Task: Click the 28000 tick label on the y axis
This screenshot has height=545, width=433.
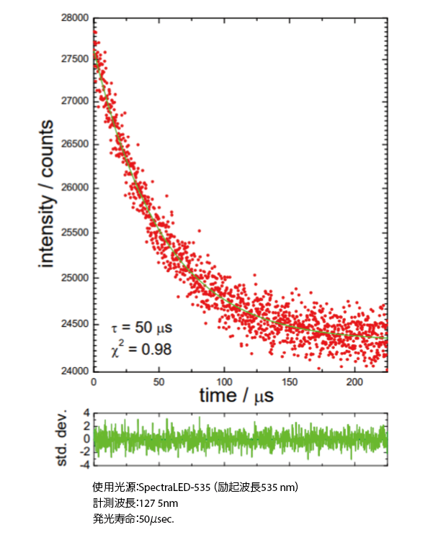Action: click(76, 17)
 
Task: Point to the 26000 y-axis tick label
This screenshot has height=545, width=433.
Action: click(76, 188)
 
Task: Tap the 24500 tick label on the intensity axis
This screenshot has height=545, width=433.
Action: click(76, 324)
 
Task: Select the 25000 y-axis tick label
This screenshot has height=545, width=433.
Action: click(76, 278)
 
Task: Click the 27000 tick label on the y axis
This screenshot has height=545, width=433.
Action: click(76, 102)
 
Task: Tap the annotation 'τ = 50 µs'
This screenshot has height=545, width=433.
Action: click(142, 329)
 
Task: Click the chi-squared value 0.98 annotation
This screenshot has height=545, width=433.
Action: click(157, 351)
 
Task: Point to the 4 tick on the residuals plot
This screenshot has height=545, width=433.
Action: click(85, 413)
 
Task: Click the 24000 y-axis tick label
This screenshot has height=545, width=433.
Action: click(76, 371)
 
